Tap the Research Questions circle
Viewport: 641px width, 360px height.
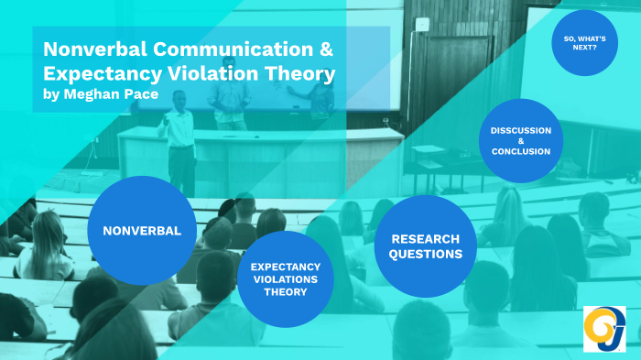click(426, 246)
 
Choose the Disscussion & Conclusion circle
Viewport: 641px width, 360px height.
click(520, 140)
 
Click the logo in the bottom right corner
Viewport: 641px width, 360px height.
click(604, 327)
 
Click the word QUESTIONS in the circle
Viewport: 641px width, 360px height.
click(426, 255)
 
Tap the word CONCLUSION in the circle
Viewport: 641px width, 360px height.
click(520, 152)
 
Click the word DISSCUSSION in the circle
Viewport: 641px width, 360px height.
click(520, 129)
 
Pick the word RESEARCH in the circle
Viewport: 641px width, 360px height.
click(426, 238)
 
